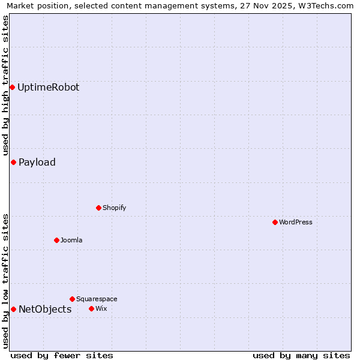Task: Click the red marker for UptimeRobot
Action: (x=12, y=87)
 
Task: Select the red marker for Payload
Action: (x=13, y=162)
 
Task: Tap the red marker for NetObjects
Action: (x=13, y=309)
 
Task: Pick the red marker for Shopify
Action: (x=98, y=208)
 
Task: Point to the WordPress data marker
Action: (x=275, y=222)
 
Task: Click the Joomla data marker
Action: (x=56, y=240)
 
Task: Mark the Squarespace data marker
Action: (x=72, y=299)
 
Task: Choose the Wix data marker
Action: (x=91, y=308)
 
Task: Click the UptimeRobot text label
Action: (x=48, y=87)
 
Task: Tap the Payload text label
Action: (x=37, y=162)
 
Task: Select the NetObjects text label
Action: (x=45, y=309)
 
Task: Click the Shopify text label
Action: (x=114, y=208)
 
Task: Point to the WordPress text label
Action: (x=296, y=222)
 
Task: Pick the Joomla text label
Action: (x=71, y=240)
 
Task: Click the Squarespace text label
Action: (x=97, y=299)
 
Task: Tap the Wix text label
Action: (x=101, y=308)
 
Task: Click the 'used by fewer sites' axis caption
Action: (x=62, y=355)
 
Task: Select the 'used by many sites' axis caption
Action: (x=301, y=355)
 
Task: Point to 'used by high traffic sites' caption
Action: (x=5, y=85)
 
